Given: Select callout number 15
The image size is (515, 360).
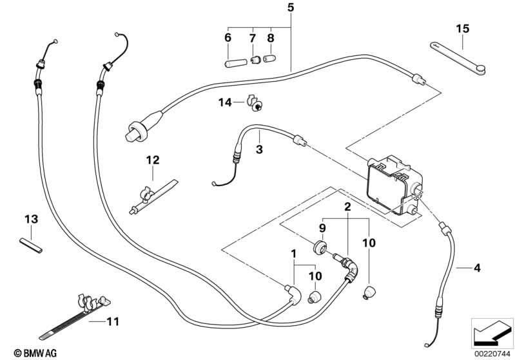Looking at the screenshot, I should point(463,28).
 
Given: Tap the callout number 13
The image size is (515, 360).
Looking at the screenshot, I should point(32,219).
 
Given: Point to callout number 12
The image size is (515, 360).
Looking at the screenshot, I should point(152,159).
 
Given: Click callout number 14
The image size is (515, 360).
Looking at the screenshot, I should point(224,102).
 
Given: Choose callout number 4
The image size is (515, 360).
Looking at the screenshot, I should point(477,268).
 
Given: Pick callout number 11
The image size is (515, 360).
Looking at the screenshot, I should point(113,319).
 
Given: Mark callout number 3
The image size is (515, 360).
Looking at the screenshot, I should point(259,149).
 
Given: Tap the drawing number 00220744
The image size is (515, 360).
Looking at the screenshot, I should point(492,352).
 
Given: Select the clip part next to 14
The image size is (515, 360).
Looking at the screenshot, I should point(255,104).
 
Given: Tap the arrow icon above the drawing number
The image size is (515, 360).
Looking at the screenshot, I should point(492,331).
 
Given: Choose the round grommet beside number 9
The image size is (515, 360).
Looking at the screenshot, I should point(318,248).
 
